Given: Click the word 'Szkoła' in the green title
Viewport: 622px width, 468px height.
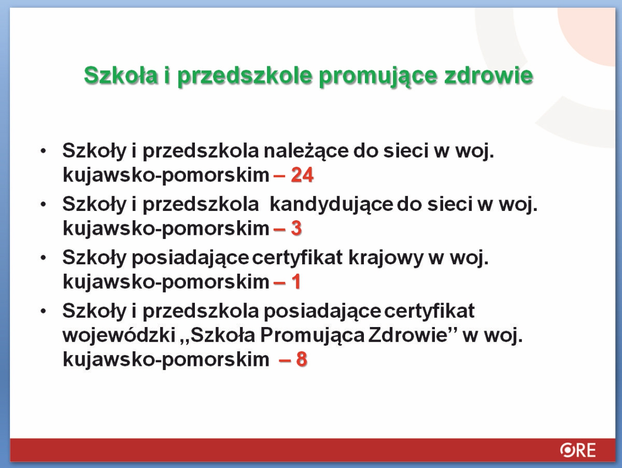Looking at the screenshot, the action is click(121, 75).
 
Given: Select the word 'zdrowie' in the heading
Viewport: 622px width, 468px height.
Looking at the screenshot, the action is click(489, 75).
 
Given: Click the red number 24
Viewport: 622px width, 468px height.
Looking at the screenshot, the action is click(302, 175).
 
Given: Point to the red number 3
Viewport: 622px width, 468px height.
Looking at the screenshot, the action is click(296, 228).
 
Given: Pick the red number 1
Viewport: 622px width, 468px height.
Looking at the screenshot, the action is click(296, 281).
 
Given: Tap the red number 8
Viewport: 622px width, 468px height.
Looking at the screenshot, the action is click(302, 359).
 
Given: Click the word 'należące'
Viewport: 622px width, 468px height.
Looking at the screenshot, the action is click(306, 151).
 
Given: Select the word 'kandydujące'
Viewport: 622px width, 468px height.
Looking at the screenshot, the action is click(332, 205).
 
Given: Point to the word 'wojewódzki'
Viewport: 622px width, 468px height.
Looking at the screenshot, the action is click(119, 335).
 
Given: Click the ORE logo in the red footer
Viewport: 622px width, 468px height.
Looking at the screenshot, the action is click(578, 450).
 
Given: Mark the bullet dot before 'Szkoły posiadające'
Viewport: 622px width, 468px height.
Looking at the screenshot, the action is click(43, 258).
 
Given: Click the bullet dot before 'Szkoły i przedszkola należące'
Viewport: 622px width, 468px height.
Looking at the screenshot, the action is click(43, 151).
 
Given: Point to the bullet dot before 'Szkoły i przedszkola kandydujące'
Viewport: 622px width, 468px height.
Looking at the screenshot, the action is click(43, 204).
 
